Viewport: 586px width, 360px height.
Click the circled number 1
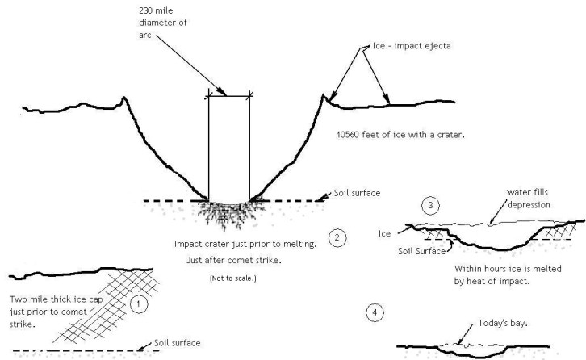(138, 306)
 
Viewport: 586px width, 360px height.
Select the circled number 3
(433, 206)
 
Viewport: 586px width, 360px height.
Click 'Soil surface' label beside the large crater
(358, 194)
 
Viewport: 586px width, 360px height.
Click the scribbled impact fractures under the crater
(228, 214)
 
